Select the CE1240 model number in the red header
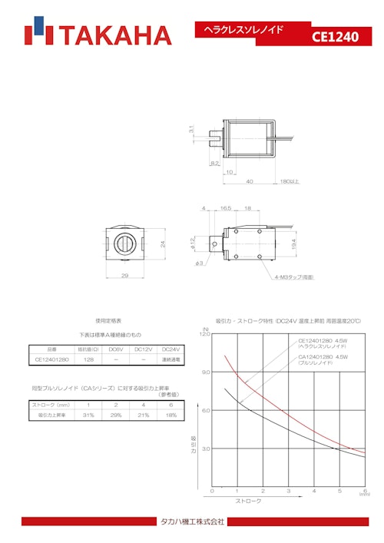tap(335, 36)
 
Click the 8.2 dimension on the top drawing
tap(214, 163)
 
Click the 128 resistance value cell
tap(89, 359)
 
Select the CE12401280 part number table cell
tap(52, 359)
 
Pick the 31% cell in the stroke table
tap(88, 415)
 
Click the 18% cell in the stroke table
tap(170, 415)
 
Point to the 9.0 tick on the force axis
tap(205, 372)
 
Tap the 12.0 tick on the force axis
tap(204, 334)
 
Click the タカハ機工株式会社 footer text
tap(192, 521)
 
